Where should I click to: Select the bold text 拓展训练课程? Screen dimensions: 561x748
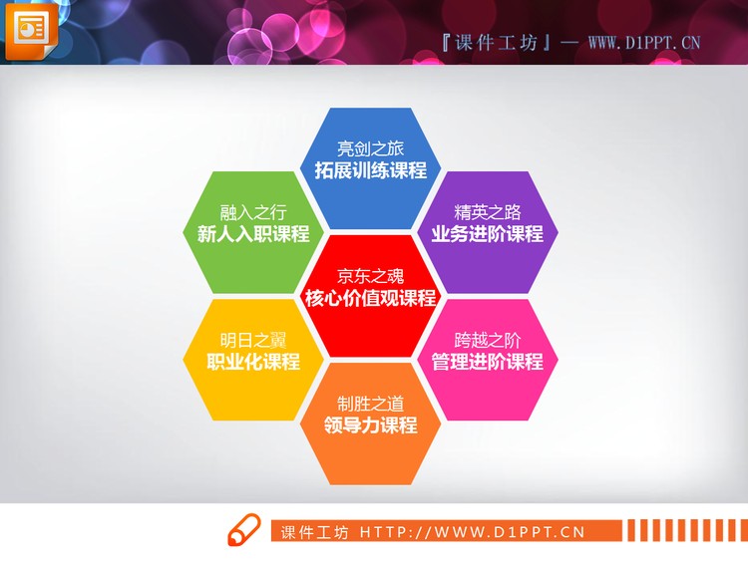coord(370,170)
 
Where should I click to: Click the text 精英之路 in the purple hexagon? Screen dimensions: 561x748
coord(488,213)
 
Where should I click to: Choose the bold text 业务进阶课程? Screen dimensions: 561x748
coord(488,235)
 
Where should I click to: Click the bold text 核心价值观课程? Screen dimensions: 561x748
coord(370,298)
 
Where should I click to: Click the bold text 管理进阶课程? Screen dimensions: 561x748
coord(488,362)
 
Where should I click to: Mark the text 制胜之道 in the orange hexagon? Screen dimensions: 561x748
coord(370,404)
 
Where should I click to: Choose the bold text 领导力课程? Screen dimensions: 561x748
coord(370,425)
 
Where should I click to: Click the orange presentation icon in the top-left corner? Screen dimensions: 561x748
coord(31,29)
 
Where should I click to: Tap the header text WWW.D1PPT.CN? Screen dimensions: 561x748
coord(644,42)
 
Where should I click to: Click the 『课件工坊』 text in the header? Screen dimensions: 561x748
coord(496,42)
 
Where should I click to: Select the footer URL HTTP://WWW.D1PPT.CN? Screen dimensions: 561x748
coord(472,532)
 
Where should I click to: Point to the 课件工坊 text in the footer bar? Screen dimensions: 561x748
coord(314,532)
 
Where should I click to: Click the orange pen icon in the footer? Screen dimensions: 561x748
coord(243,531)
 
